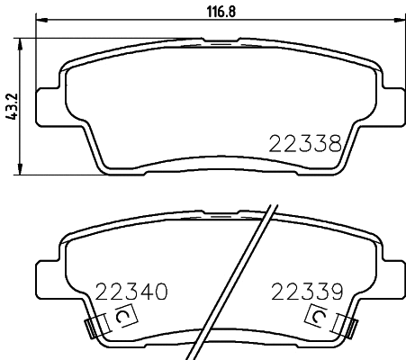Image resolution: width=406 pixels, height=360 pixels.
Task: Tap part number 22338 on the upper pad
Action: [304, 142]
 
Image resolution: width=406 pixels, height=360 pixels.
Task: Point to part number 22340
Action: [131, 292]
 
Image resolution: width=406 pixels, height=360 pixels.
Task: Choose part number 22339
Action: [307, 292]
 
